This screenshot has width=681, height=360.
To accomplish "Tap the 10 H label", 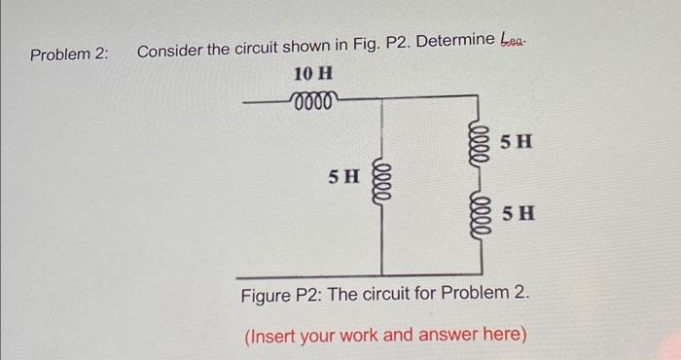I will [x=312, y=74].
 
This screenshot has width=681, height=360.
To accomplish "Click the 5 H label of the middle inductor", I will [x=343, y=177].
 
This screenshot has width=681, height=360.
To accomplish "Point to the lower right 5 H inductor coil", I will [x=477, y=213].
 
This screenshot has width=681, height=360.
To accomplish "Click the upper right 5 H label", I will [x=517, y=141].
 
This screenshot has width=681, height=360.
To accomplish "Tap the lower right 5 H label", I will [x=518, y=213].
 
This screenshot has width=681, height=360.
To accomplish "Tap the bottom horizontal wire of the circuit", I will [x=428, y=275].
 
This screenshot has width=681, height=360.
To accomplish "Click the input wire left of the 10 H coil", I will [x=266, y=100].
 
